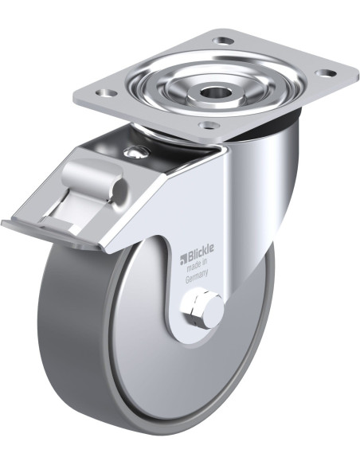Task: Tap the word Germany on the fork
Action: click(x=197, y=275)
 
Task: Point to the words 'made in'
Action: click(x=196, y=265)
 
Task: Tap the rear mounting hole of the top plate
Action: click(x=224, y=40)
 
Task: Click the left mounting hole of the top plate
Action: click(x=106, y=93)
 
